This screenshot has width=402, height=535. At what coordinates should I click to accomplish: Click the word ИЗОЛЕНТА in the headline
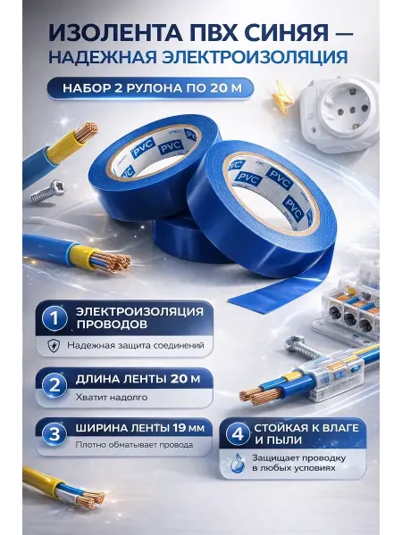110,32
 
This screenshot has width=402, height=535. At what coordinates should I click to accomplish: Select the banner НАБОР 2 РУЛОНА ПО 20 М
150,88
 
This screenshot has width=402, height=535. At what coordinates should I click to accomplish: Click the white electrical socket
340,115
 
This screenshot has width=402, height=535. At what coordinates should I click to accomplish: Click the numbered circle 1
54,318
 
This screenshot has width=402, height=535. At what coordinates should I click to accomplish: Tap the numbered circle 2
54,384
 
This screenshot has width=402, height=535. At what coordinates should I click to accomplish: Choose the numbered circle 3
54,434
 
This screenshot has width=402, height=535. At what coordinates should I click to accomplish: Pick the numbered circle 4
239,434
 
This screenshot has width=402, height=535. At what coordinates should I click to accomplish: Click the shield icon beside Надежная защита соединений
54,345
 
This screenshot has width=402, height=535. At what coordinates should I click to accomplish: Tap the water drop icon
238,463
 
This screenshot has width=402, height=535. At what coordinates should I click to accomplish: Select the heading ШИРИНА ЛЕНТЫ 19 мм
140,428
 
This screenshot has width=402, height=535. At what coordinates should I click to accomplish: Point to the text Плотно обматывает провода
134,445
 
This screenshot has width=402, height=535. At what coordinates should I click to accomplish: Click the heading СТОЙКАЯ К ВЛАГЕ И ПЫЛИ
306,433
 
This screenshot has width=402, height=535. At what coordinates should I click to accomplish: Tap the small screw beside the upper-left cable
47,191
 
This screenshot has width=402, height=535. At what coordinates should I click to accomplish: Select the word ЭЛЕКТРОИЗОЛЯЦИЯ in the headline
255,57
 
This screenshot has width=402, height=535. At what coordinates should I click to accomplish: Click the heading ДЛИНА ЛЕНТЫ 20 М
138,379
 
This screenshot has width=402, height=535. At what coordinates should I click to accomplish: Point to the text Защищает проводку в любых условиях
298,463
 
